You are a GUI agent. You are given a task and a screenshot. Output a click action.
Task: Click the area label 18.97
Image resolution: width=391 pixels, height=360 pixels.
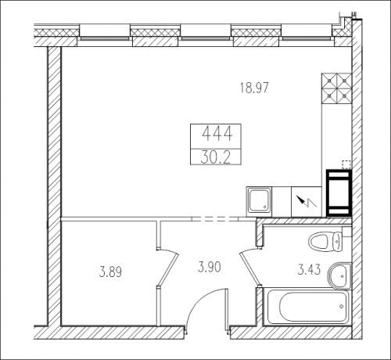click(254, 88)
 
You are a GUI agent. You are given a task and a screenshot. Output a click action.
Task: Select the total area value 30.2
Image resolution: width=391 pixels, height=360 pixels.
click(216, 157)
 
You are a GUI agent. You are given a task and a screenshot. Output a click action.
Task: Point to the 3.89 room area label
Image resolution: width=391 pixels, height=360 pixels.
click(111, 272)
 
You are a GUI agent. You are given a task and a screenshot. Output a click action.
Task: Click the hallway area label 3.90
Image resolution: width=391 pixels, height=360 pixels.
click(210, 268)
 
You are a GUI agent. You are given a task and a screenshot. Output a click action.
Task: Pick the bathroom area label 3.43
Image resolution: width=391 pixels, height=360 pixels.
click(309, 269)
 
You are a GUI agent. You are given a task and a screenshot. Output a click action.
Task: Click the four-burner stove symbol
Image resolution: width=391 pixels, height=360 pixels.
click(336, 88)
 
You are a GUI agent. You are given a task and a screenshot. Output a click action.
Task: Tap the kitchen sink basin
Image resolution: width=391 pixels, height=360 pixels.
click(259, 201)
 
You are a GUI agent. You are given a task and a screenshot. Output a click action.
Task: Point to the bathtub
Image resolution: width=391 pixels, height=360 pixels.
click(307, 306)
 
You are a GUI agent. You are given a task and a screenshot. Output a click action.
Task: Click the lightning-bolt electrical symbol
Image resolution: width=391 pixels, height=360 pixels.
click(307, 202)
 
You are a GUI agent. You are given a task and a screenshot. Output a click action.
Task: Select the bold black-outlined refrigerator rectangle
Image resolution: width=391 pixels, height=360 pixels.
click(339, 193)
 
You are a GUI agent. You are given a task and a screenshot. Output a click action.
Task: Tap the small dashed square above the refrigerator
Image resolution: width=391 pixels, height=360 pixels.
click(346, 164)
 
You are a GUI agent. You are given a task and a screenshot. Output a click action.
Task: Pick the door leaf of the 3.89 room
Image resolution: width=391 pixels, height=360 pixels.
click(168, 269)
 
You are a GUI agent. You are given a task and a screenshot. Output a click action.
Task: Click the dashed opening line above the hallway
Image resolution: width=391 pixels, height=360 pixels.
click(216, 219)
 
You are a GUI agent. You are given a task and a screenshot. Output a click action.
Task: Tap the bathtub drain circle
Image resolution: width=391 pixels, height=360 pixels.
click(342, 306)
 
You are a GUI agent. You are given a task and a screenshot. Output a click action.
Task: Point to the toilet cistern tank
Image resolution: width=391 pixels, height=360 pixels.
click(337, 240)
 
